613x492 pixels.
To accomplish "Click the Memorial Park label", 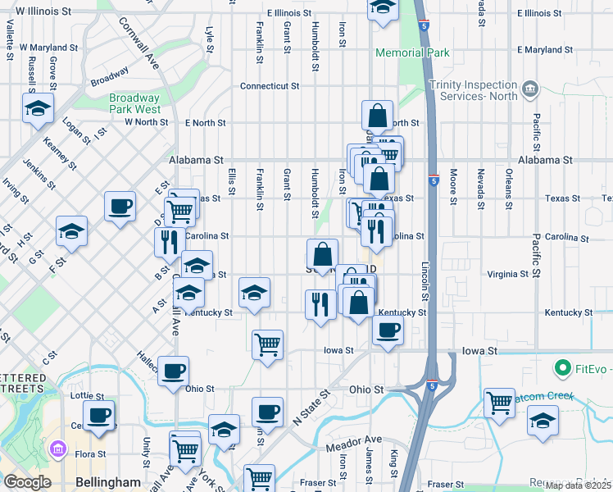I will pyautogui.click(x=412, y=53).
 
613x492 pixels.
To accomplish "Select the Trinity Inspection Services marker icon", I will pyautogui.click(x=530, y=88).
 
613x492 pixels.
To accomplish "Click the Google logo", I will pyautogui.click(x=27, y=482).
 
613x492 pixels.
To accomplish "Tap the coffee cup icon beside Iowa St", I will pyautogui.click(x=388, y=330).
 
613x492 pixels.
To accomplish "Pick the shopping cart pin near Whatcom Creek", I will pyautogui.click(x=499, y=403).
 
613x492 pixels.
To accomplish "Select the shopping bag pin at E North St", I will pyautogui.click(x=377, y=116).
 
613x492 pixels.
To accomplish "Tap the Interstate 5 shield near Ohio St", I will pyautogui.click(x=431, y=384).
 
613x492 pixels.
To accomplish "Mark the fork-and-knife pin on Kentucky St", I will pyautogui.click(x=318, y=304).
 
